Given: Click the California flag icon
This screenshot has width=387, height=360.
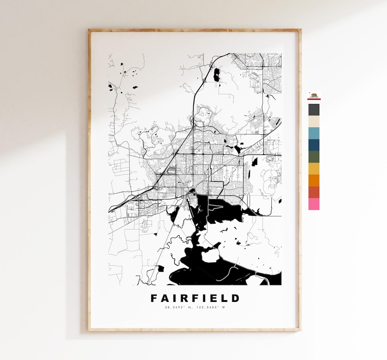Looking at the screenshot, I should click(x=314, y=96).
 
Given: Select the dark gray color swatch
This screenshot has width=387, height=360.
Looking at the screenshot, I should click(x=314, y=110).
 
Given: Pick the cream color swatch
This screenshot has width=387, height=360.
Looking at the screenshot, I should click(x=314, y=122).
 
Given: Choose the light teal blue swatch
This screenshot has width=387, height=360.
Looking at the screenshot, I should click(x=314, y=133).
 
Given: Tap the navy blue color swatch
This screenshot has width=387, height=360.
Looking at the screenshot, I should click(x=314, y=145).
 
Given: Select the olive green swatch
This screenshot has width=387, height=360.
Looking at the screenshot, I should click(x=314, y=157).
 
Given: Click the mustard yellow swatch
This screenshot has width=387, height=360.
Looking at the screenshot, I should click(x=314, y=169).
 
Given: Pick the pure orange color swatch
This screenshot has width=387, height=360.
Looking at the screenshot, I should click(x=314, y=180).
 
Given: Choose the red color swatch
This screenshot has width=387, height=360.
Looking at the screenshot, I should click(x=314, y=192).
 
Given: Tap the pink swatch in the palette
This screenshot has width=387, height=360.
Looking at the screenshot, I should click(x=314, y=204).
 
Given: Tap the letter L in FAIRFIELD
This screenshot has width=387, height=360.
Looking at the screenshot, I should click(x=225, y=298).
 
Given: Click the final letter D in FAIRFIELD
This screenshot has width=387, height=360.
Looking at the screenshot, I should click(x=235, y=298).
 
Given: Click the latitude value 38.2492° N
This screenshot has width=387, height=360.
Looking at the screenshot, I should click(x=178, y=307).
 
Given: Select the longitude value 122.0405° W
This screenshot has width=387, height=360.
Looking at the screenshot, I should click(x=211, y=307).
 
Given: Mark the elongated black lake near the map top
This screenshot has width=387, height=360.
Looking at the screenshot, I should click(x=216, y=75).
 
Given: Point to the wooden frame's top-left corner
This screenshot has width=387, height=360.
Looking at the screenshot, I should click(x=90, y=30).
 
